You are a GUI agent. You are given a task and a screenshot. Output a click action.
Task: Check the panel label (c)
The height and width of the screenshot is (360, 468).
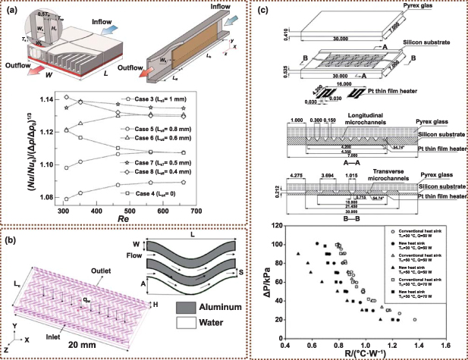[x=263, y=8]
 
